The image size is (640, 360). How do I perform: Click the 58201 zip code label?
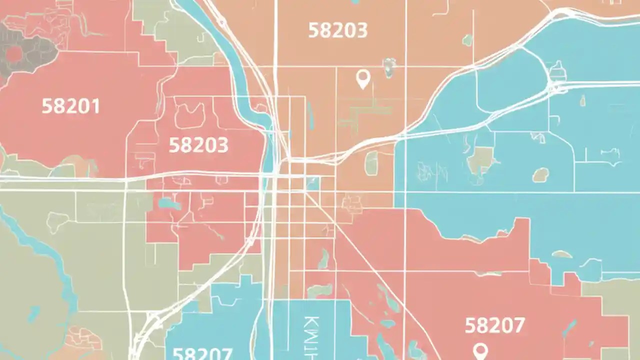(x=70, y=106)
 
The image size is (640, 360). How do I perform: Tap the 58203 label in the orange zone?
(x=337, y=30)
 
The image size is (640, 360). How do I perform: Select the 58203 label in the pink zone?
(x=198, y=145)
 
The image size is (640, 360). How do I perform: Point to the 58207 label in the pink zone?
(x=494, y=326)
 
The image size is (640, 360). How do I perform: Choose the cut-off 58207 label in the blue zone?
(x=202, y=353)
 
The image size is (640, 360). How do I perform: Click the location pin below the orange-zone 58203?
(x=362, y=79)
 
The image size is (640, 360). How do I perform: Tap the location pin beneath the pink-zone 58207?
(x=480, y=350)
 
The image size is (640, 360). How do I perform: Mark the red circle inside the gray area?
(x=14, y=54)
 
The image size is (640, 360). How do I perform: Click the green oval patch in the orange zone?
(x=371, y=163)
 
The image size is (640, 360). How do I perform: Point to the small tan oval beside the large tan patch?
(x=540, y=174)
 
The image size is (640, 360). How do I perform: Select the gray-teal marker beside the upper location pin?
(x=389, y=67)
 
